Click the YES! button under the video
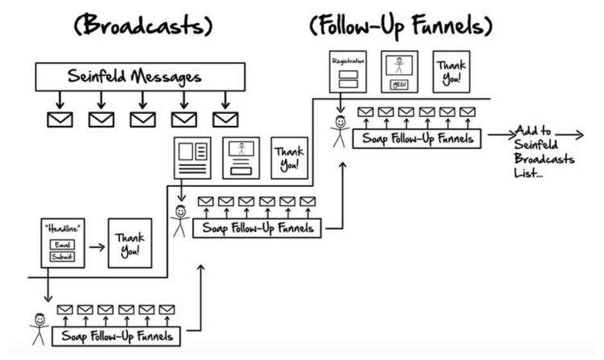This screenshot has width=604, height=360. click(x=398, y=84)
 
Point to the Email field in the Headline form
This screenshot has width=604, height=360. click(x=62, y=244)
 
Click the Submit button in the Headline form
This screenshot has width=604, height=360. click(x=62, y=257)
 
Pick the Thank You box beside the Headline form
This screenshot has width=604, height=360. click(x=130, y=243)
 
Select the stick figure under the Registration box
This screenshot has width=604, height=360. click(x=340, y=130)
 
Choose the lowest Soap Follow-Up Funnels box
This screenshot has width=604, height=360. click(x=121, y=336)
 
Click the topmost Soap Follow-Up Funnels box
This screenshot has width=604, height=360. click(x=416, y=138)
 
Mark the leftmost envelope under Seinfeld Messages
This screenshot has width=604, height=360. click(x=60, y=119)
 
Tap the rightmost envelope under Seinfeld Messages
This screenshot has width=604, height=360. click(x=226, y=119)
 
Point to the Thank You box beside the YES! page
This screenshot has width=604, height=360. click(x=450, y=71)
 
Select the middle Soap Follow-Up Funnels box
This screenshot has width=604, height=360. click(x=257, y=228)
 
